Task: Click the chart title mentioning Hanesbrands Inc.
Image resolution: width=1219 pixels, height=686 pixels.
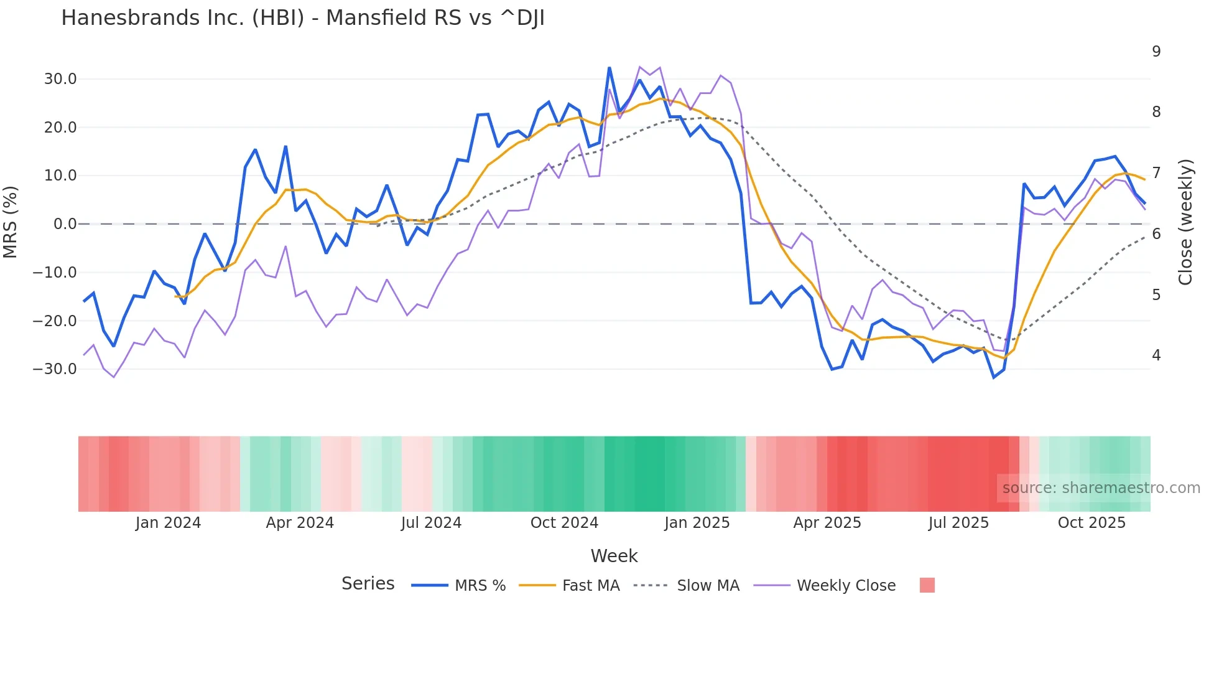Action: [x=303, y=18]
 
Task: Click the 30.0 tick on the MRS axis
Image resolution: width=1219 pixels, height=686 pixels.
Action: [x=60, y=79]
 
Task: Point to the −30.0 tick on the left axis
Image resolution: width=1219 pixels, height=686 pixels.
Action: [x=55, y=369]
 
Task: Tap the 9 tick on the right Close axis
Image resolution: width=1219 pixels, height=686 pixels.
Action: [x=1156, y=52]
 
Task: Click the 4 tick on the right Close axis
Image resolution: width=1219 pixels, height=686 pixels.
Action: [x=1156, y=355]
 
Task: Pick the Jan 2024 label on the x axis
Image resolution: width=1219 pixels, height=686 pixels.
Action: [x=168, y=523]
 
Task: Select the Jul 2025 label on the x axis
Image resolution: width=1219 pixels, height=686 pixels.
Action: [x=958, y=523]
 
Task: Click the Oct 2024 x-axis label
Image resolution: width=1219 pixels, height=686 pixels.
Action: [x=564, y=523]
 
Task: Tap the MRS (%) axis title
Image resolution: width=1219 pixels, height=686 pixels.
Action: [x=11, y=222]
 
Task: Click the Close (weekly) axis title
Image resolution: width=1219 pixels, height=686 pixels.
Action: [x=1185, y=222]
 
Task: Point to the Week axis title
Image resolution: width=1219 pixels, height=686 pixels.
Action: [x=614, y=556]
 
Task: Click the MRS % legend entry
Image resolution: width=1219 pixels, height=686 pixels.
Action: [x=459, y=586]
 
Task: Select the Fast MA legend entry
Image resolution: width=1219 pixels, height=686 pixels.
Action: [x=569, y=586]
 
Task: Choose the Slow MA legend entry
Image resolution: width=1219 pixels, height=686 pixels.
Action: [x=687, y=586]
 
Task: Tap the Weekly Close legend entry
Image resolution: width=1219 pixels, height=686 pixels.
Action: [x=825, y=586]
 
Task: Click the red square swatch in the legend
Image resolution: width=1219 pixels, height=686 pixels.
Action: [x=927, y=585]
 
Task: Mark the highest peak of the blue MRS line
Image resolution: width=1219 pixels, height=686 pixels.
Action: [x=609, y=67]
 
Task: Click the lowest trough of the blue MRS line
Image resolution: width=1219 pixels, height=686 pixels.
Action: [x=994, y=377]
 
